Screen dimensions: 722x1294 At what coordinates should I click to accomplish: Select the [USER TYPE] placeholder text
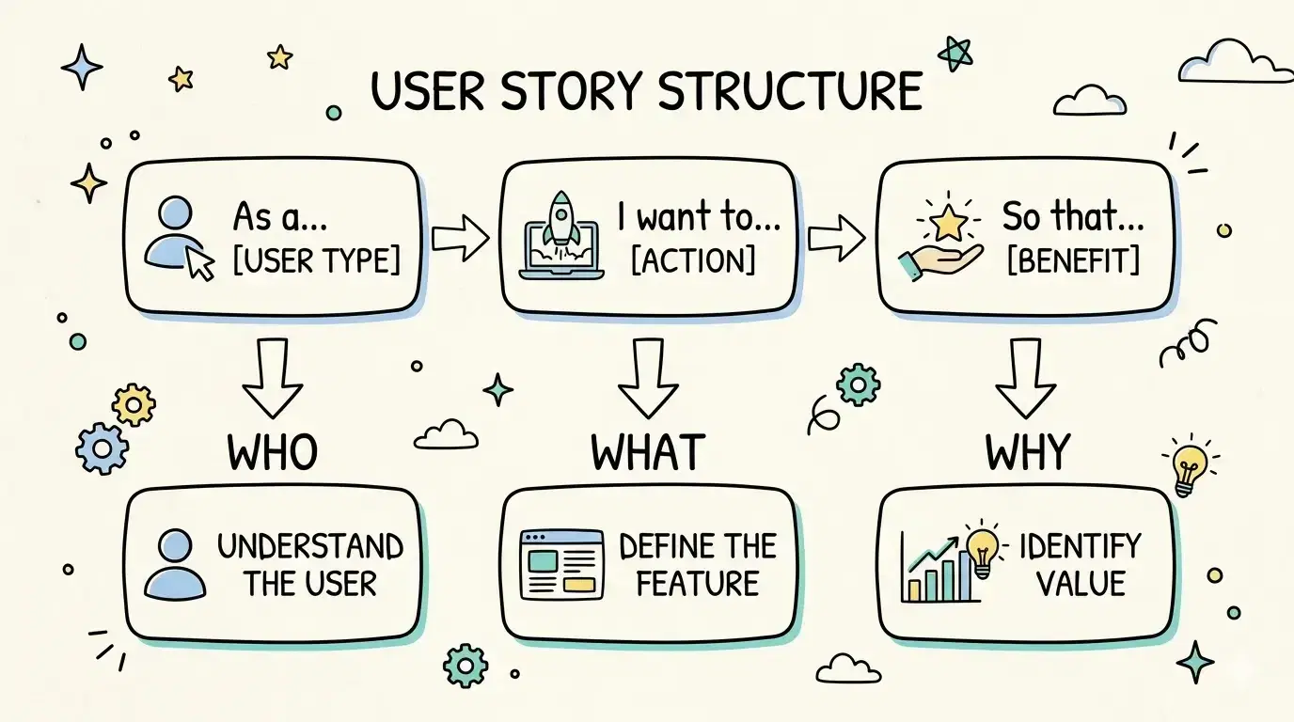coord(316,260)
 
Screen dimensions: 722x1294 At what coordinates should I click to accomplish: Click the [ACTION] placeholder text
coord(693,260)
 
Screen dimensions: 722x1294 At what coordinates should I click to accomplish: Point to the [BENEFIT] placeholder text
coord(1072,260)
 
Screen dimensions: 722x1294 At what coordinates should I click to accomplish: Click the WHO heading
coord(272,452)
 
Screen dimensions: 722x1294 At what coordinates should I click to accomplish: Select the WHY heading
coord(1028,452)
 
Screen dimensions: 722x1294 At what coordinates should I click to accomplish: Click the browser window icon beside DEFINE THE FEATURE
coord(561,564)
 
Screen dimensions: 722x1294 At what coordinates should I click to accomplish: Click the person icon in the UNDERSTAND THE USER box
coord(176,564)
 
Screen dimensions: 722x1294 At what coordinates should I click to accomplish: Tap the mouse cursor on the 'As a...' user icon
coord(200,263)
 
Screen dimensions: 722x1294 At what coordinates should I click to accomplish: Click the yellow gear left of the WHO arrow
coord(134,404)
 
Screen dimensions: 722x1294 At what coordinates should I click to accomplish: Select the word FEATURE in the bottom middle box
coord(697,584)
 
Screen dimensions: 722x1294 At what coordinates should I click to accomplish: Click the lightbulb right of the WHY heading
coord(1190,465)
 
